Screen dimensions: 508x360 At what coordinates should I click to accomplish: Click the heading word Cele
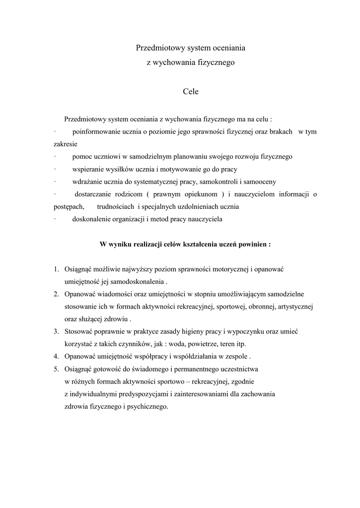coord(191,92)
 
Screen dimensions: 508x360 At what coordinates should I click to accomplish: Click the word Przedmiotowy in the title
coord(156,49)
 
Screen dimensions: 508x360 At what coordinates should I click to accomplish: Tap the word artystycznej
coord(294,307)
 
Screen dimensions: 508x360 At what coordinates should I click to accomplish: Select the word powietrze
coord(188,344)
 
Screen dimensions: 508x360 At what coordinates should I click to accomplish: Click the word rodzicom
coord(127,194)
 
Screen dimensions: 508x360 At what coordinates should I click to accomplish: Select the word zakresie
coord(65,144)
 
